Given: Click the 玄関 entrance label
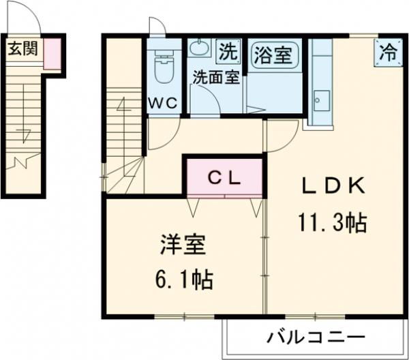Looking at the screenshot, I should point(22,49).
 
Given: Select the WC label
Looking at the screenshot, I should point(164,103).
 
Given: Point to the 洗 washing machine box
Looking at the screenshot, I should point(229,50).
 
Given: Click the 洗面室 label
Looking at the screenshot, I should point(215,76).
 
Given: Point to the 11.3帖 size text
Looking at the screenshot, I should point(332,222).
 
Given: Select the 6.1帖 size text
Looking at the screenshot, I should point(182,279).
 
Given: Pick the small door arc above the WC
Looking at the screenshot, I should point(157,28).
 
